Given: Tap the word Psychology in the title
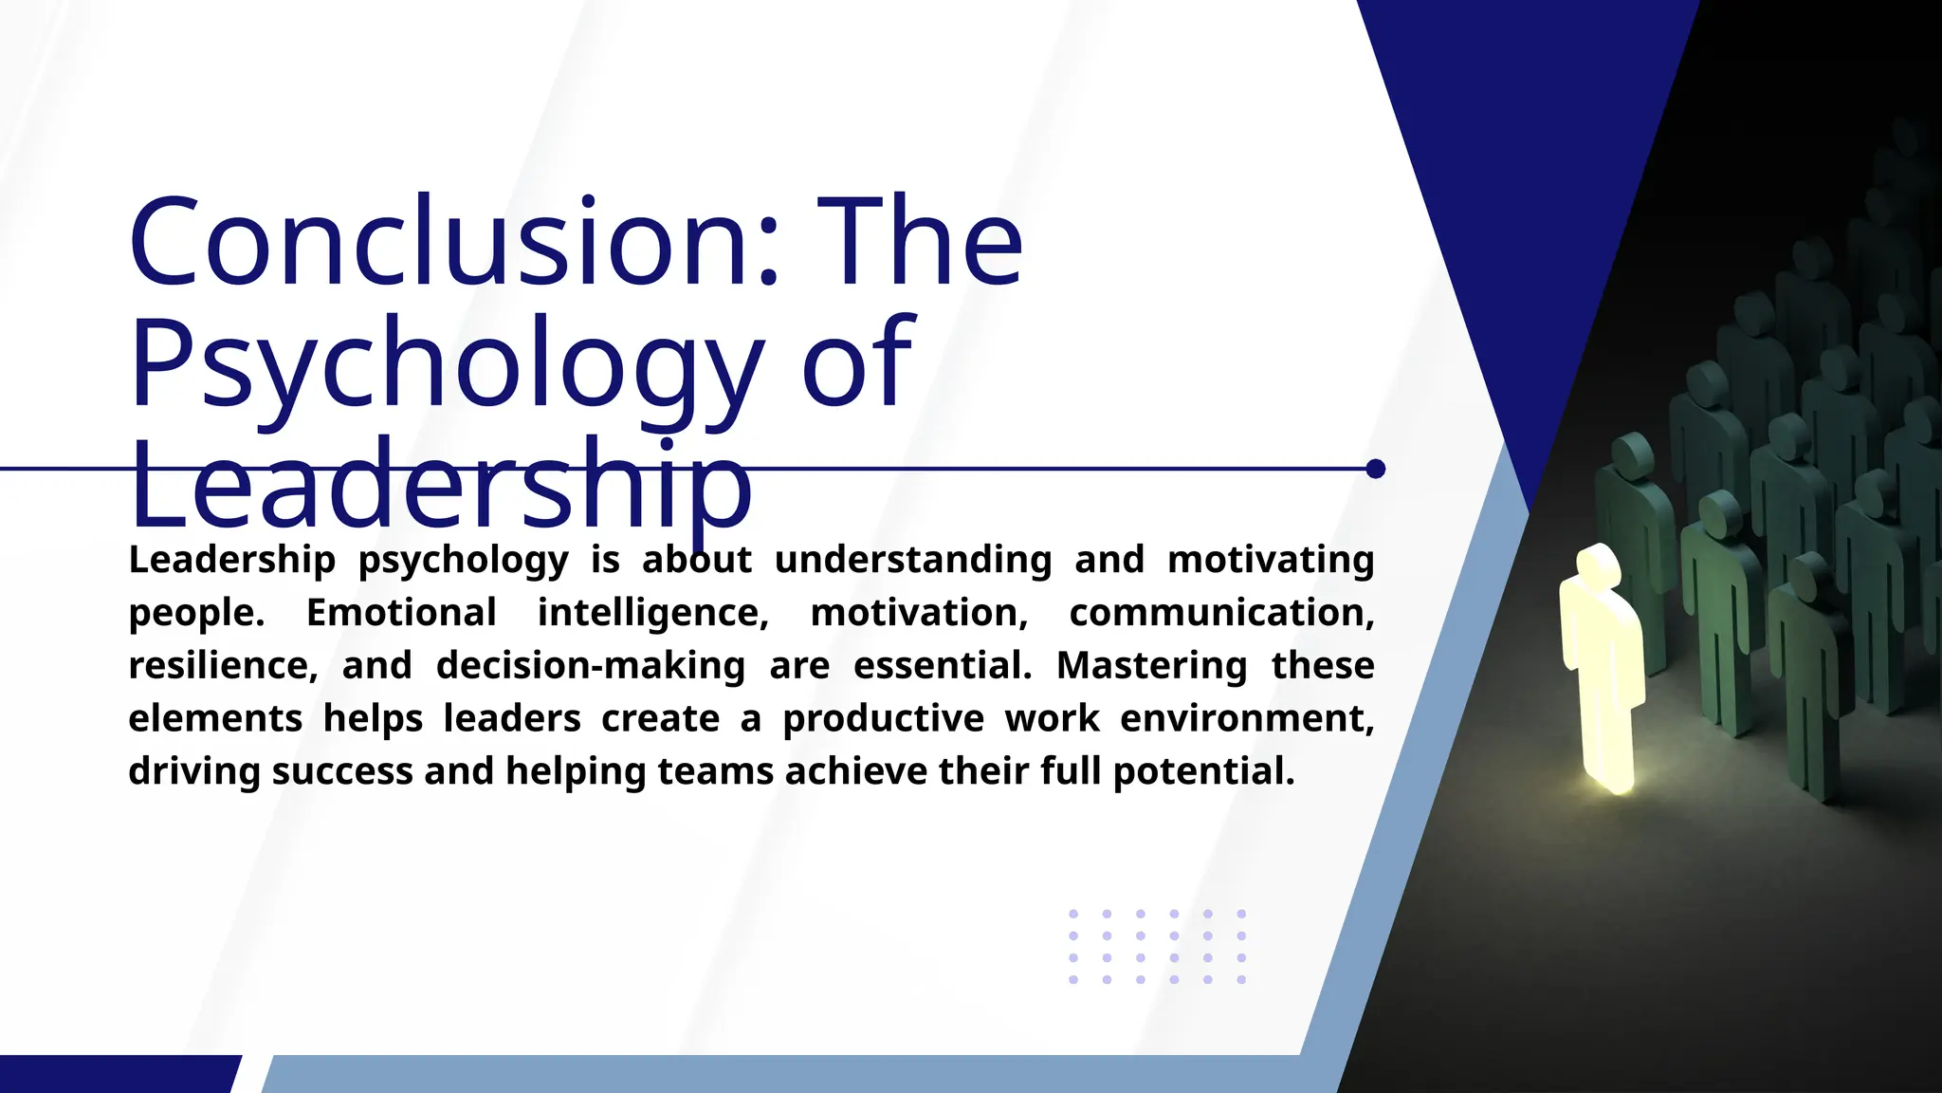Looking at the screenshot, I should [x=446, y=364].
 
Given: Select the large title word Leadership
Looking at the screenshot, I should [x=441, y=486].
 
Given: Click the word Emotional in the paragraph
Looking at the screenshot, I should [x=401, y=613].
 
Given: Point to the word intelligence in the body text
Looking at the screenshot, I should [x=652, y=613].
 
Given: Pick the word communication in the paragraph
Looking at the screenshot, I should [x=1221, y=613].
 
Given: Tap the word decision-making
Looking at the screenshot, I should [x=590, y=666].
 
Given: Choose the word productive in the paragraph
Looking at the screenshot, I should [x=883, y=718].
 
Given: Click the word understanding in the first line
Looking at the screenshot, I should [x=913, y=560].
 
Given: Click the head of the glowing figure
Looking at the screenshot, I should [x=1597, y=564].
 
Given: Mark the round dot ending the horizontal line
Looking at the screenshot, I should [x=1376, y=469].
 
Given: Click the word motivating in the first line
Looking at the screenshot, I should [x=1271, y=560].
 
